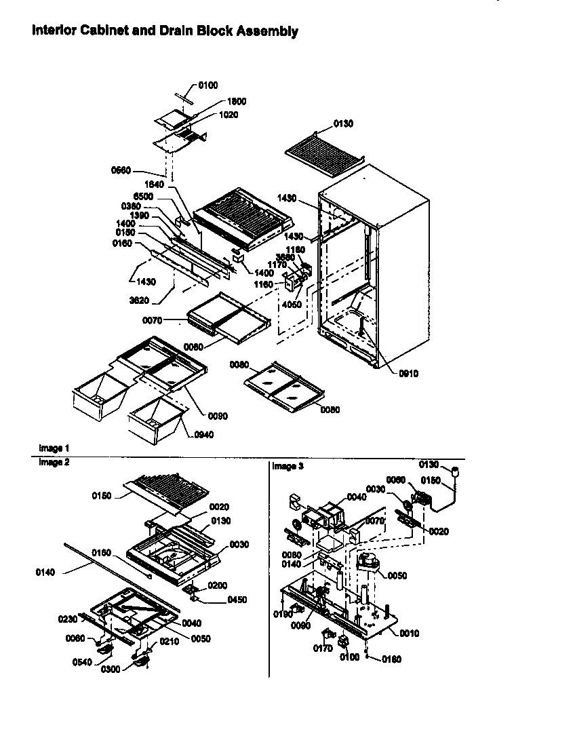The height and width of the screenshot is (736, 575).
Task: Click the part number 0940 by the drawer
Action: pyautogui.click(x=203, y=435)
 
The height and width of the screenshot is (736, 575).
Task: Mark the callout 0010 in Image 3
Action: pyautogui.click(x=409, y=634)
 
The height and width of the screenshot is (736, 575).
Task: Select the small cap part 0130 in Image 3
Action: pyautogui.click(x=456, y=471)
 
